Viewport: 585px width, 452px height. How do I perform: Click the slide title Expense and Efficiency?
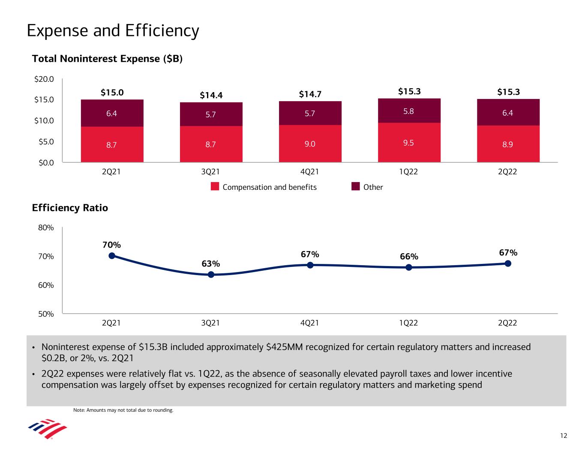[113, 31]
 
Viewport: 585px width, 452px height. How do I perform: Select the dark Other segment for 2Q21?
[112, 113]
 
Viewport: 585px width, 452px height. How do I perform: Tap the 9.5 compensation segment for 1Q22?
[409, 142]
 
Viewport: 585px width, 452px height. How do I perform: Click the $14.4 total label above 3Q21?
[211, 95]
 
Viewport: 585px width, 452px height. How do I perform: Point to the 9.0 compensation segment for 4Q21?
[310, 144]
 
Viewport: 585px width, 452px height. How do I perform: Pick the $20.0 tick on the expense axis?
[45, 79]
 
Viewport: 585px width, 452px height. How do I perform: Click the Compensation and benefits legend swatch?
[215, 187]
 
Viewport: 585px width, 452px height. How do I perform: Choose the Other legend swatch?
[355, 187]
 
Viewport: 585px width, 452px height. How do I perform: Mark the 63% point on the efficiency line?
[211, 275]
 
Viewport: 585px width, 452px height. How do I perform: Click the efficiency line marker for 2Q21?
[112, 256]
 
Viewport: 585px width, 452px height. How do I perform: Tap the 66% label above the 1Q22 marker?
[409, 257]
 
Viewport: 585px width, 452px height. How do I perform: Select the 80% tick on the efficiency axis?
[46, 227]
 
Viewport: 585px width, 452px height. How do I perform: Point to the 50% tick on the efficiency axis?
[46, 314]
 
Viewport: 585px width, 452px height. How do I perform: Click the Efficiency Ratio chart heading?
[70, 208]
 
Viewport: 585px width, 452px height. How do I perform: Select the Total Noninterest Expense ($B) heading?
[107, 59]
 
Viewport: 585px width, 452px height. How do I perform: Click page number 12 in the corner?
[563, 436]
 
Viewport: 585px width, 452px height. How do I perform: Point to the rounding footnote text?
[123, 410]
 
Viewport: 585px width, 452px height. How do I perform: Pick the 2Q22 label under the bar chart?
[507, 172]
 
